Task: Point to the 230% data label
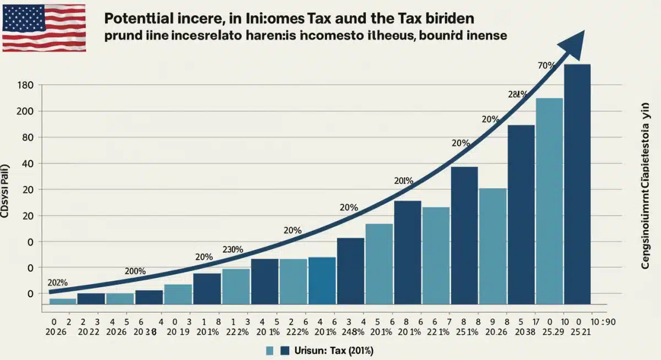232,249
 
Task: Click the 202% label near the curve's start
57,282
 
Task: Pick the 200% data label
135,271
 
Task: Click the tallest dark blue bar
577,184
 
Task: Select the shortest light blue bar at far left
63,301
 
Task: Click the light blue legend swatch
270,351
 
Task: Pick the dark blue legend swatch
285,351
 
